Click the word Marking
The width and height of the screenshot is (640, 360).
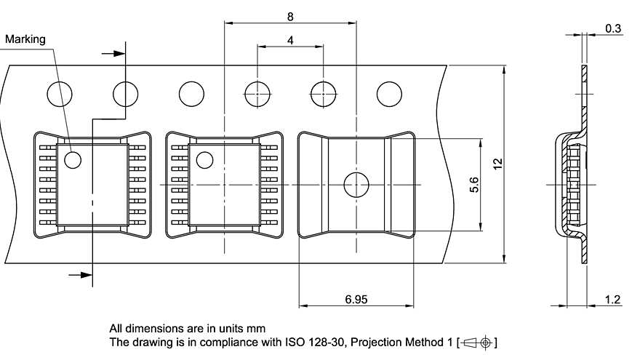[25, 39]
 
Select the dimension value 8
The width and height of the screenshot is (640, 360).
[290, 16]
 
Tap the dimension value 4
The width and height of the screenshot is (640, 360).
[290, 41]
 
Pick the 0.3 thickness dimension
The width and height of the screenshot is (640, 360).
[612, 28]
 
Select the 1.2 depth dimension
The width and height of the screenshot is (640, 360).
[612, 299]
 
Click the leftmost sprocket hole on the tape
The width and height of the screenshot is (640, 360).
[60, 94]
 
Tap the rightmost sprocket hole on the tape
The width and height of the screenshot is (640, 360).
[389, 94]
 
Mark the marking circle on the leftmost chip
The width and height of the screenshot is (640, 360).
[73, 159]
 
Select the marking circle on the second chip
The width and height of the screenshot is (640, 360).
[204, 159]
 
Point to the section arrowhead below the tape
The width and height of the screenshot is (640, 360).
[85, 274]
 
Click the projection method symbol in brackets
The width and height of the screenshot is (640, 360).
[477, 342]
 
